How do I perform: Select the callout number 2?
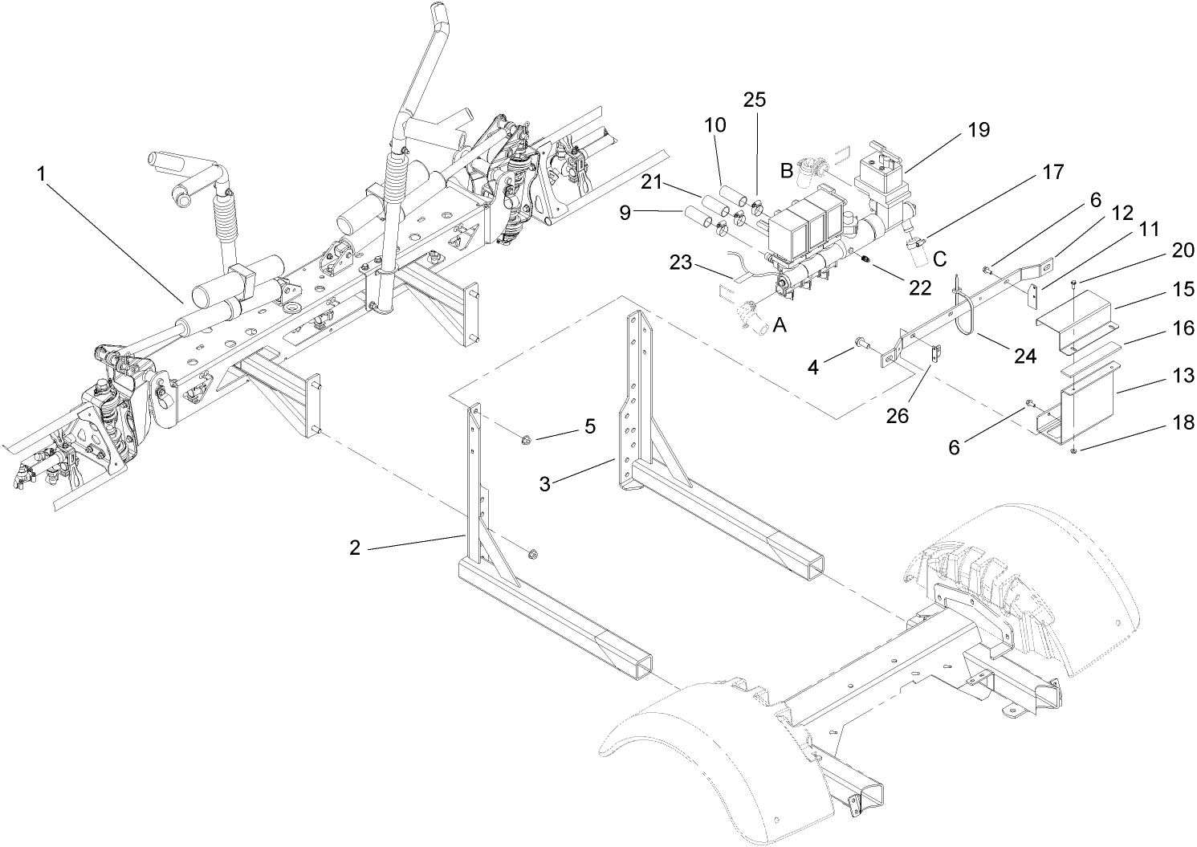coord(354,548)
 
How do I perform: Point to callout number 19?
coord(979,130)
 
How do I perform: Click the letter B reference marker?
coord(787,170)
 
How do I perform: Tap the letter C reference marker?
coord(939,259)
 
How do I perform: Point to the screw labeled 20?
coord(1073,282)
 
